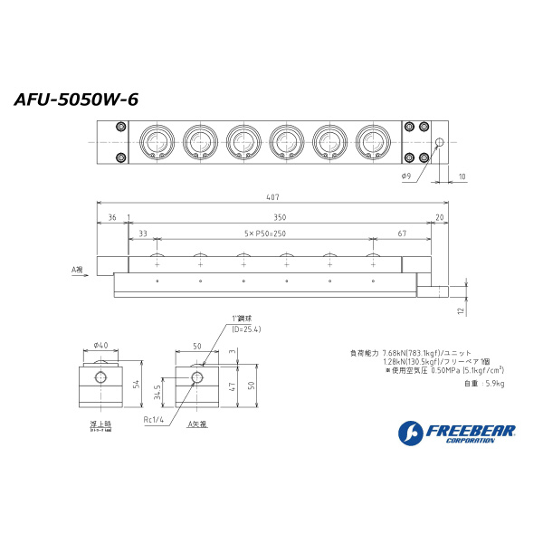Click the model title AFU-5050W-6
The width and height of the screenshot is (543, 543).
click(76, 100)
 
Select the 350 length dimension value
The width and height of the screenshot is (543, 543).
click(279, 217)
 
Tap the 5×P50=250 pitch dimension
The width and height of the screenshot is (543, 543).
click(264, 233)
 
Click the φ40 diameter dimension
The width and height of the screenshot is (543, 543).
click(100, 345)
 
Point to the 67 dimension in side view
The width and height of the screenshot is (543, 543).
click(401, 233)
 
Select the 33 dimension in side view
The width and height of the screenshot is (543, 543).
click(143, 233)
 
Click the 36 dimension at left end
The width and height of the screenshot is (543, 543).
click(111, 217)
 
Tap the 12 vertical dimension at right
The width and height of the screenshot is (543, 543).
click(461, 310)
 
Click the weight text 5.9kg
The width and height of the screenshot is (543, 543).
click(486, 384)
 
